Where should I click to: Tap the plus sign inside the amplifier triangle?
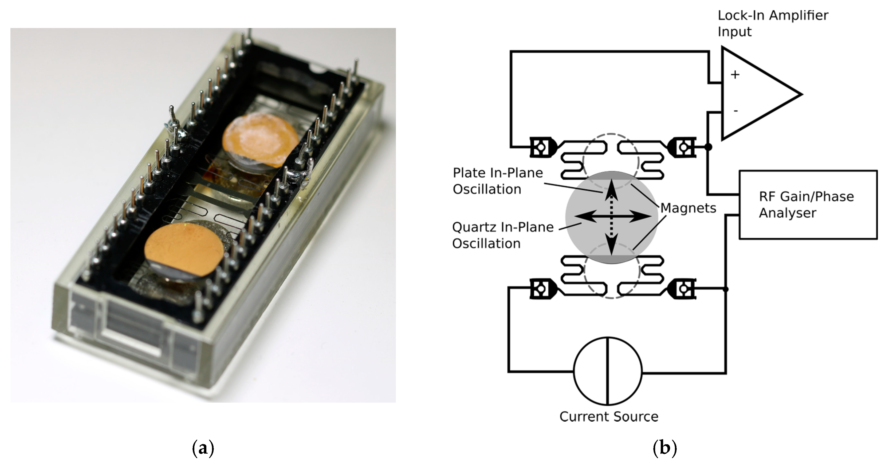735,74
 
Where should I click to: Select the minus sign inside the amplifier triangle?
735,111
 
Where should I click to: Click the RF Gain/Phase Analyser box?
808,205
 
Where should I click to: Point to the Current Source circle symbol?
608,371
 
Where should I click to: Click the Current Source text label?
609,417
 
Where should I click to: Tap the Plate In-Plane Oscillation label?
498,181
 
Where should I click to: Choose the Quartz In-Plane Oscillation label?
502,235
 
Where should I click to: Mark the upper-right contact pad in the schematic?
683,147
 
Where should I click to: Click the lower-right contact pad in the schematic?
683,288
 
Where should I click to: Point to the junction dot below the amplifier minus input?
708,147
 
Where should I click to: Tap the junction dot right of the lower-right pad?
726,289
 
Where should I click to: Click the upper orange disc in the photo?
260,140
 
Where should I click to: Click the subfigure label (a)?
203,448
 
